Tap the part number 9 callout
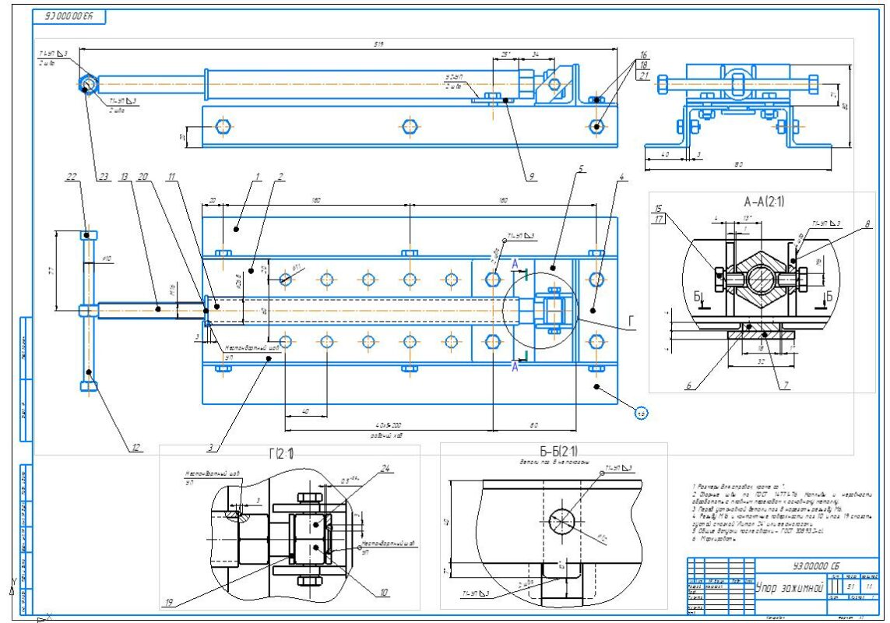[x=530, y=177]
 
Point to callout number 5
[x=582, y=168]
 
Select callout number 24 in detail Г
[x=385, y=468]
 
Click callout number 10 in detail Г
[x=384, y=593]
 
